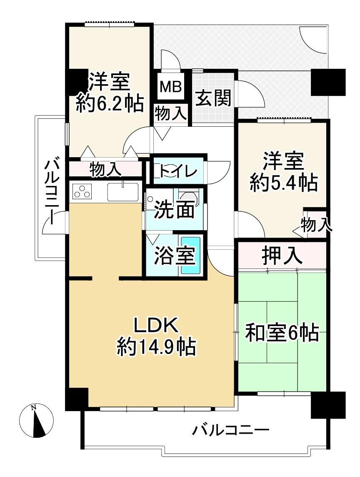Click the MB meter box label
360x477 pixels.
point(171,87)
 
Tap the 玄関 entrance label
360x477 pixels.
point(213,98)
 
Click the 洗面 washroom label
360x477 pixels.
point(174,210)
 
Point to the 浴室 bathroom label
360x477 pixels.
point(175,255)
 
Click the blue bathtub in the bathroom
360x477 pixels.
point(191,256)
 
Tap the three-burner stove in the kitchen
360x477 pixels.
point(82,192)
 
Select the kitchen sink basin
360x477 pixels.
point(122,192)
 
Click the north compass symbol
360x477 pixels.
point(36,421)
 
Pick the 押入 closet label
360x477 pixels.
point(282,256)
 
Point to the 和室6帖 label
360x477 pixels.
point(282,333)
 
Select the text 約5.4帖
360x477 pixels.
point(284,183)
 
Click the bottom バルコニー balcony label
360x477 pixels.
point(231,430)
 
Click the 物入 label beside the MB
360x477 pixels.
point(170,113)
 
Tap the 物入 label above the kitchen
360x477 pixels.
point(105,169)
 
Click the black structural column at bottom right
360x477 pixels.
point(328,404)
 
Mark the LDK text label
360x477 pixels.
point(156,326)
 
